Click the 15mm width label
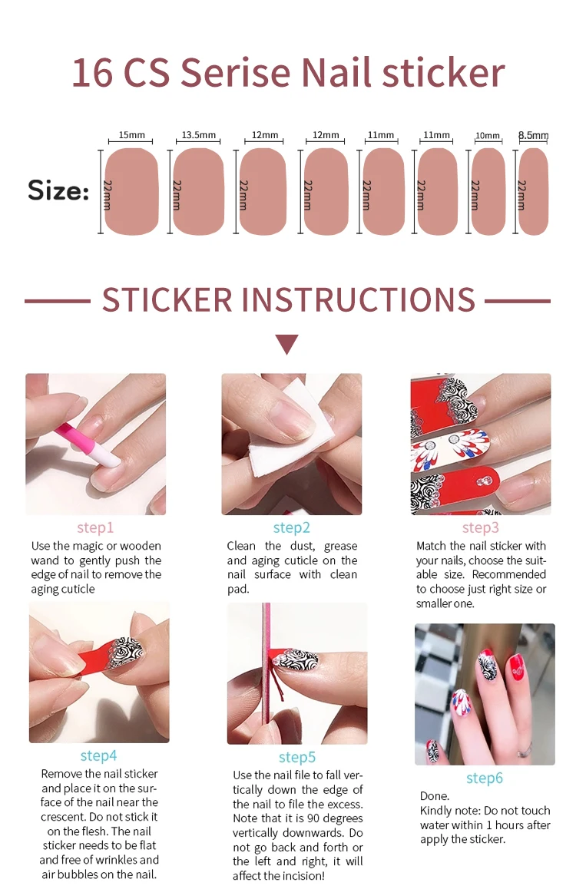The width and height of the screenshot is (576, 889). (131, 135)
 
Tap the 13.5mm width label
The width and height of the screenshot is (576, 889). (198, 135)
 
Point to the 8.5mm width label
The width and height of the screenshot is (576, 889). (534, 136)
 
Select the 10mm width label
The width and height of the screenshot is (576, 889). (488, 136)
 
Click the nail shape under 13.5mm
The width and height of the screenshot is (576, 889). (198, 192)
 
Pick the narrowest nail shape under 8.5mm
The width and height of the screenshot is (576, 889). (534, 192)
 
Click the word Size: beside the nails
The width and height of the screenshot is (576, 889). (58, 190)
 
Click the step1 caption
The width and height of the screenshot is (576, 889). (95, 528)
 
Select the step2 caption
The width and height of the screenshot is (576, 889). (291, 528)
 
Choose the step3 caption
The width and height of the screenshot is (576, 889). (480, 528)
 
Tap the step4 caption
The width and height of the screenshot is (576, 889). (98, 755)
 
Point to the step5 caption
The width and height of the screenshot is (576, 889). (297, 758)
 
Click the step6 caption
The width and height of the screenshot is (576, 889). (484, 778)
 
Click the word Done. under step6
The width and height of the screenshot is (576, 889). (434, 796)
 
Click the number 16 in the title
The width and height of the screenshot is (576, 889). (92, 73)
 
